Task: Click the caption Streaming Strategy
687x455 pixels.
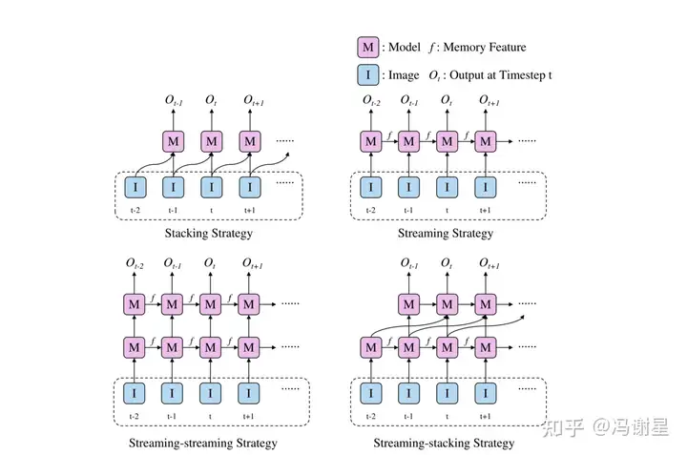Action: (447, 234)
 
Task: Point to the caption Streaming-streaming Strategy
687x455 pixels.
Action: (203, 443)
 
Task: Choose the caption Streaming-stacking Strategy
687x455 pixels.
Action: (444, 443)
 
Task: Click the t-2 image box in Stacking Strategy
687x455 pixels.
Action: (135, 184)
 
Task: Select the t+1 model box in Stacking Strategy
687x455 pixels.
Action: (250, 141)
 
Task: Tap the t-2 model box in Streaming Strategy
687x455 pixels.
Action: (370, 141)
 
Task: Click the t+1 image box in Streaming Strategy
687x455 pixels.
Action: (486, 184)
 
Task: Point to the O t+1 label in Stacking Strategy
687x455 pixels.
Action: (252, 101)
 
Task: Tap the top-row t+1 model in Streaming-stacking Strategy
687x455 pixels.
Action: (486, 304)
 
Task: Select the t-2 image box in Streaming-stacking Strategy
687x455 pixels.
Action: (370, 392)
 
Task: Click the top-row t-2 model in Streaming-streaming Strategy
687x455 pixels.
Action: (135, 304)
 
